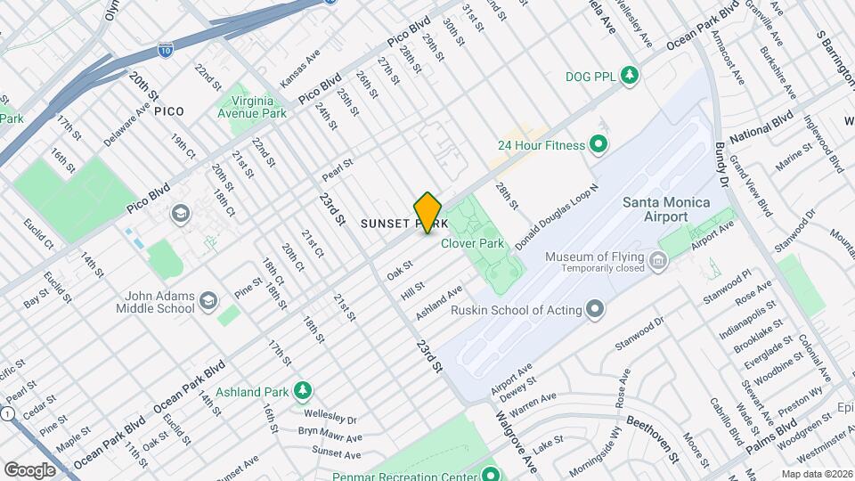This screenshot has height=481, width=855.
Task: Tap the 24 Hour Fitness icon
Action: click(x=598, y=144)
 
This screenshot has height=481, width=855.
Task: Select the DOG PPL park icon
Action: click(x=631, y=76)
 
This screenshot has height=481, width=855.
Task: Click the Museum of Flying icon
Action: click(x=658, y=260)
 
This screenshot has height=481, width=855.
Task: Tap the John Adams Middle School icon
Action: click(x=208, y=300)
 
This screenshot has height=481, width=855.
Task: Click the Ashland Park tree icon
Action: click(x=304, y=391)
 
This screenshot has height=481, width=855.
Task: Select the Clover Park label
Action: click(x=477, y=243)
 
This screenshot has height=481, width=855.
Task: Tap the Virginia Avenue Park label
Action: click(x=253, y=108)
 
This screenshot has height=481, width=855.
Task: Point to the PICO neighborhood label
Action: click(x=168, y=111)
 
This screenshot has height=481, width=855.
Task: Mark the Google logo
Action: click(x=29, y=469)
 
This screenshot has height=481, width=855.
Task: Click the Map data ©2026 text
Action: click(x=816, y=474)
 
